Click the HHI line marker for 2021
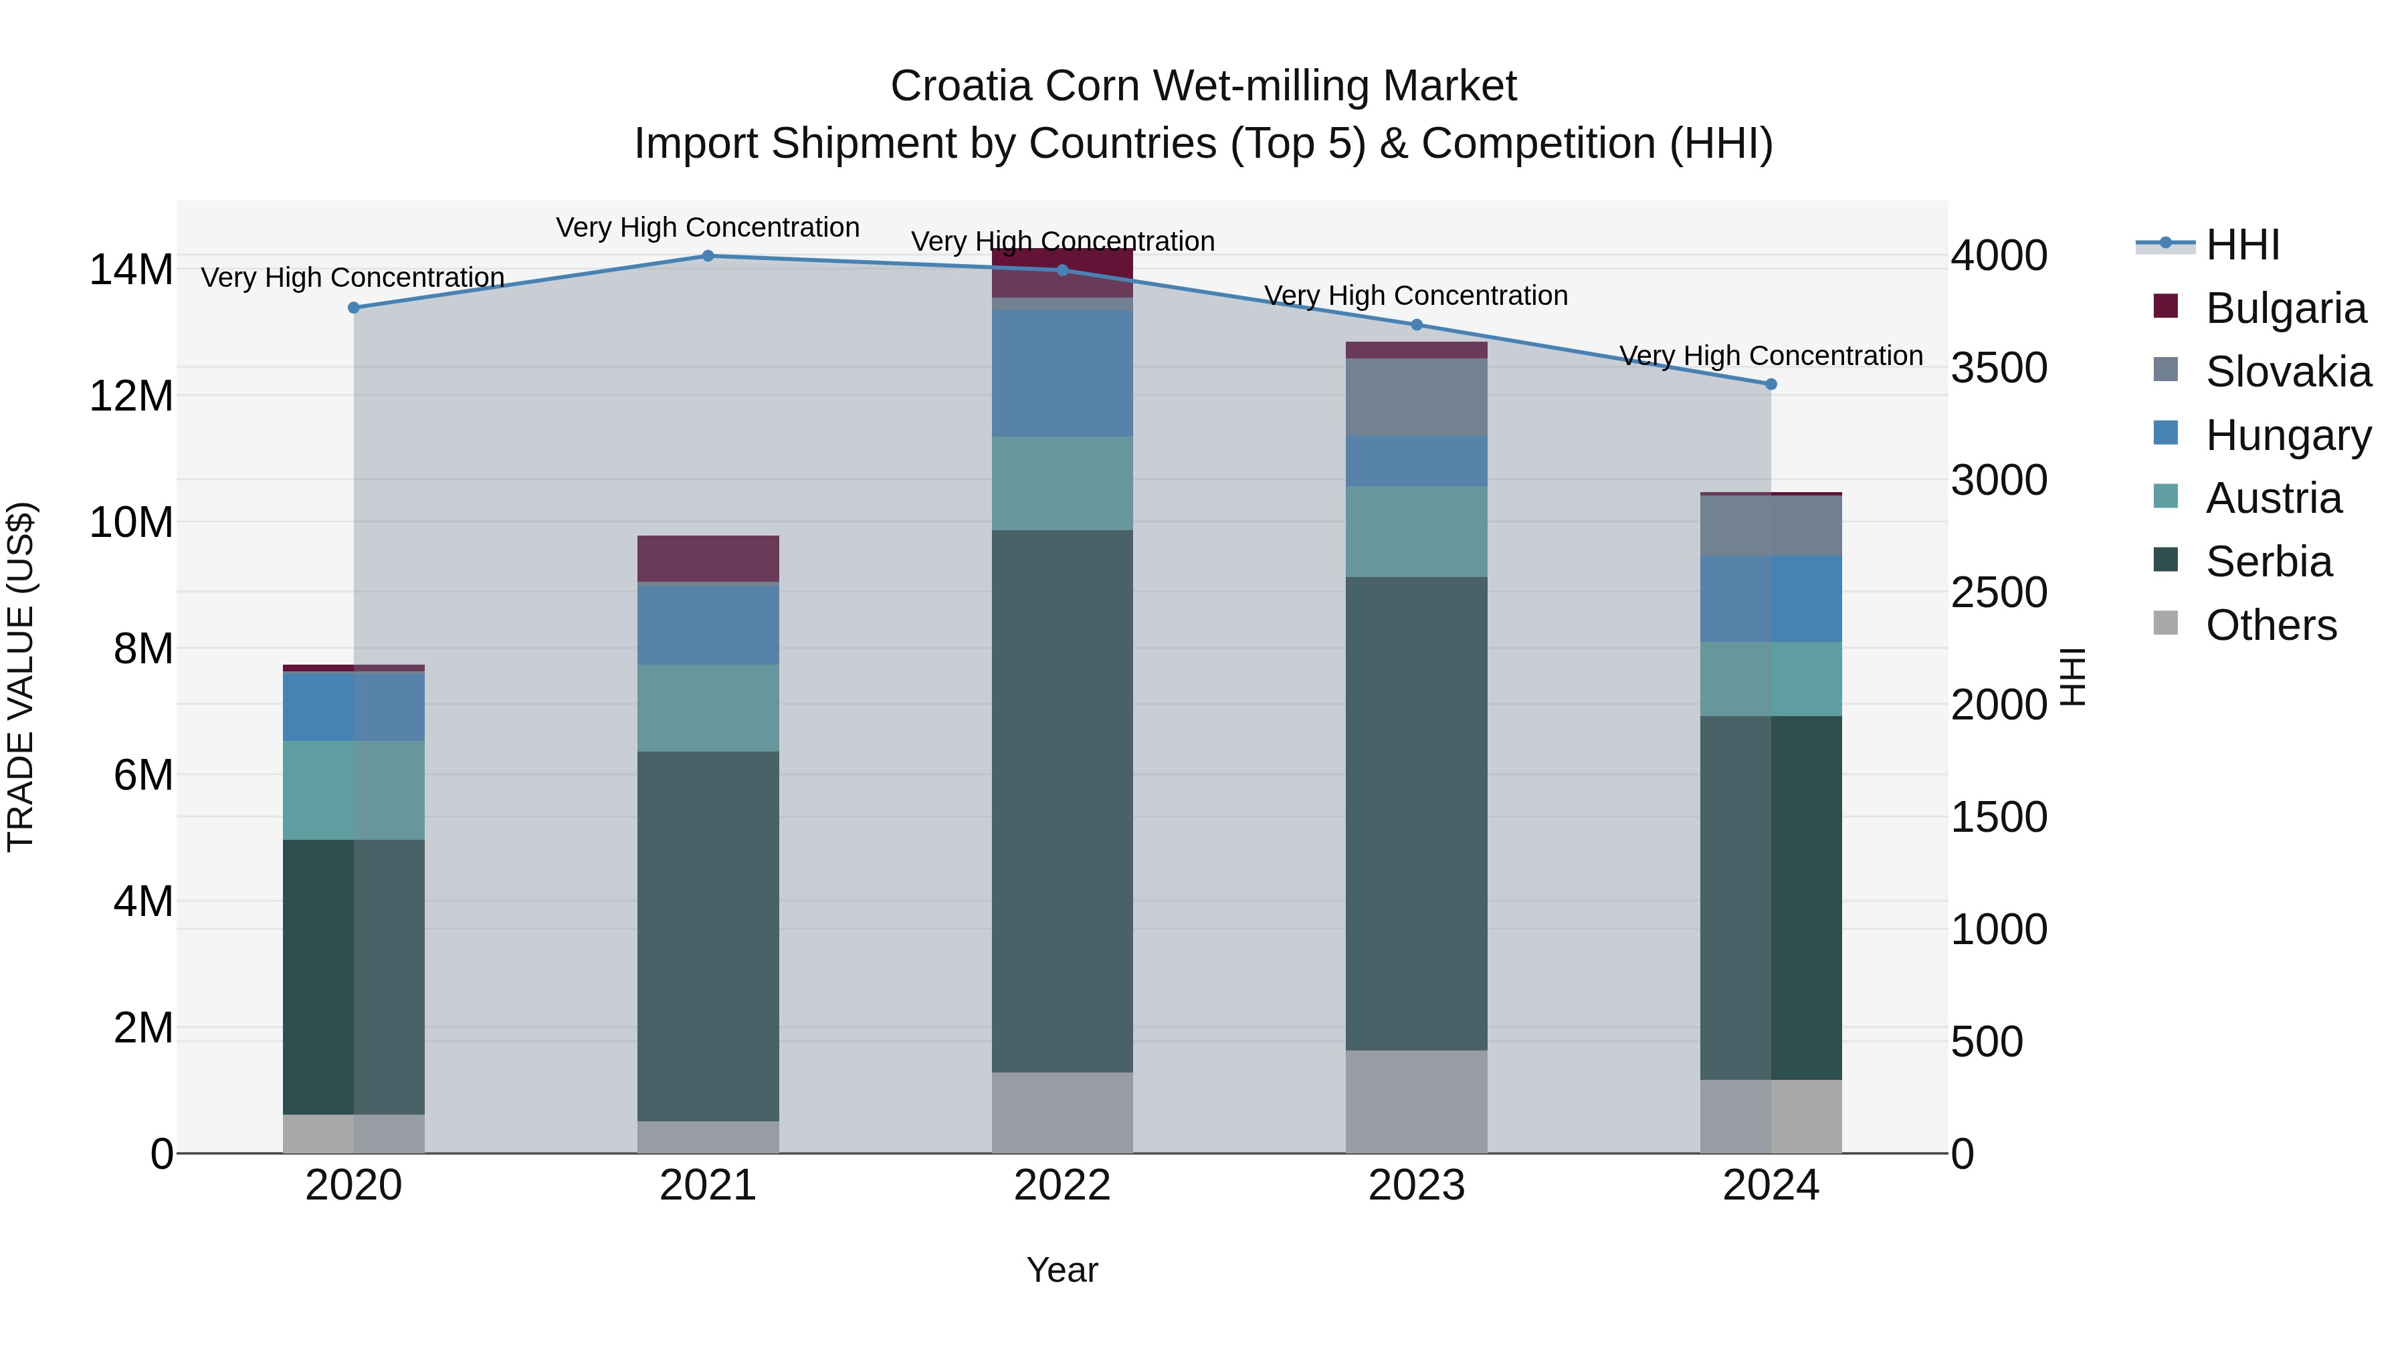pyautogui.click(x=708, y=256)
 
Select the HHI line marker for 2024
pyautogui.click(x=1771, y=384)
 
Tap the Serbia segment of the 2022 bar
pyautogui.click(x=1062, y=801)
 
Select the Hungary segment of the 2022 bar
pyautogui.click(x=1062, y=373)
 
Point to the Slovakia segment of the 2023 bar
pyautogui.click(x=1416, y=397)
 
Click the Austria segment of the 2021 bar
pyautogui.click(x=708, y=707)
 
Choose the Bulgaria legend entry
pyautogui.click(x=2285, y=308)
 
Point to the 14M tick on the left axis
pyautogui.click(x=131, y=270)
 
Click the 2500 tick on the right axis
pyautogui.click(x=1999, y=592)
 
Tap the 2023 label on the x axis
pyautogui.click(x=1416, y=1186)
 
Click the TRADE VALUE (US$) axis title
pyautogui.click(x=21, y=677)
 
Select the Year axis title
pyautogui.click(x=1062, y=1270)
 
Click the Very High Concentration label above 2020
pyautogui.click(x=353, y=277)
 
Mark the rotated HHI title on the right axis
pyautogui.click(x=2072, y=677)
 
